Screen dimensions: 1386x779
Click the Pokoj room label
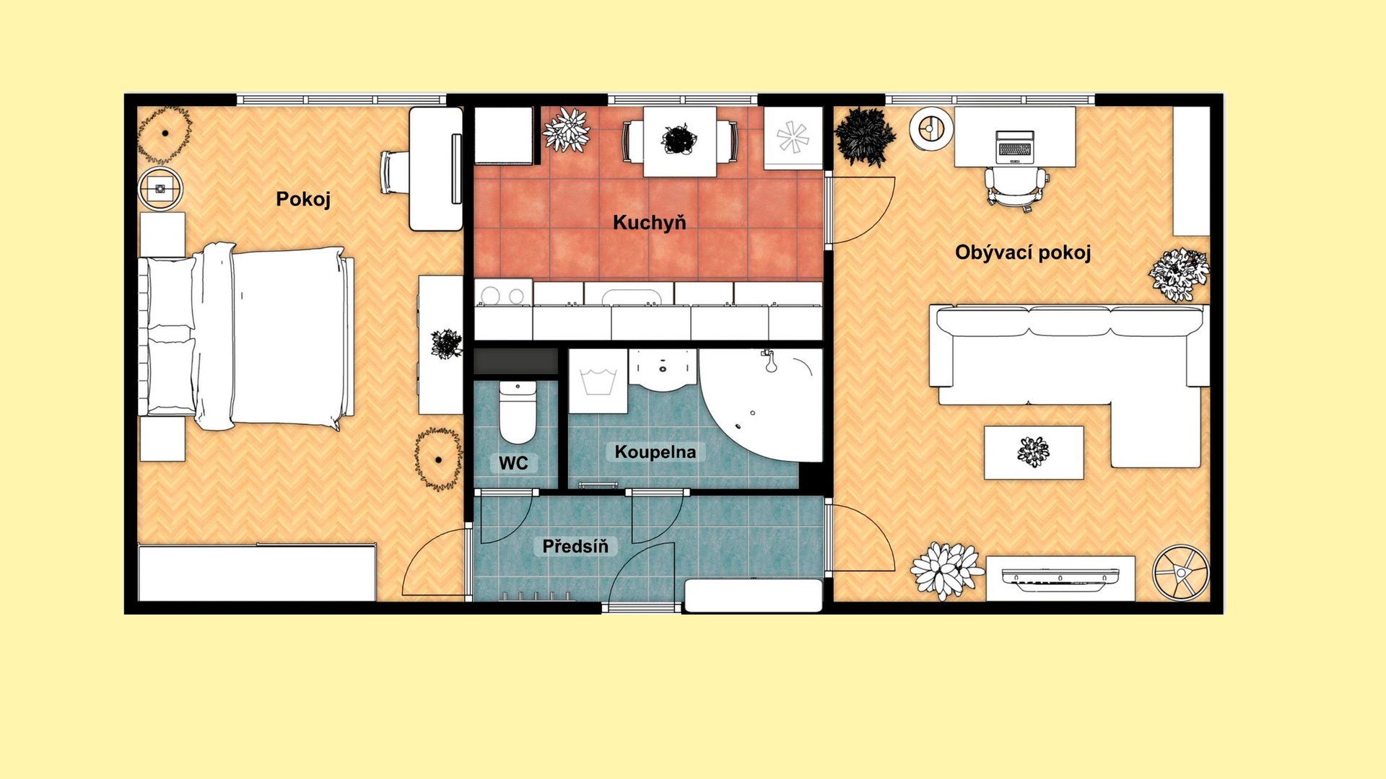click(303, 200)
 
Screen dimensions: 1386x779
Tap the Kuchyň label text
click(650, 222)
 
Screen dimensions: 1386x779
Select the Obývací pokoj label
click(1023, 252)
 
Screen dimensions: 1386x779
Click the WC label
click(513, 463)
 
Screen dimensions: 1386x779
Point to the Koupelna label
click(655, 452)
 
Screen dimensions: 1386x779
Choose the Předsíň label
click(575, 546)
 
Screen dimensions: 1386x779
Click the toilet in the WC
click(518, 413)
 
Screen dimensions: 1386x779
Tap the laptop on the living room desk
click(1015, 147)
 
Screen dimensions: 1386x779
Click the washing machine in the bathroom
click(598, 382)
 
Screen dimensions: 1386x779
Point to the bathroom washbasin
click(663, 369)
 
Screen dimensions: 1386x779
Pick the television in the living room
click(1060, 578)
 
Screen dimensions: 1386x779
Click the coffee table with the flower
click(1034, 452)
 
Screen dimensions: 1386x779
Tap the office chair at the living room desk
click(1016, 188)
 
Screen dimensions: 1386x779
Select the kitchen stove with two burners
click(503, 295)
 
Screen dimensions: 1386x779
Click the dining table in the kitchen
click(679, 141)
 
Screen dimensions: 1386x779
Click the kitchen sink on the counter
click(629, 296)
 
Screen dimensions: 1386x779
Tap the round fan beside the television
click(1180, 573)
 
